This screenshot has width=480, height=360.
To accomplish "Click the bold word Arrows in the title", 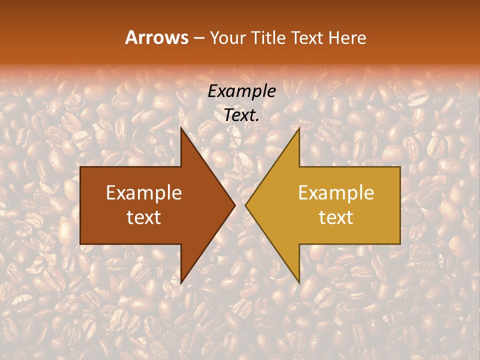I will tap(156, 37).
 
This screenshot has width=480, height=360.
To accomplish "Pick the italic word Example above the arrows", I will tap(242, 91).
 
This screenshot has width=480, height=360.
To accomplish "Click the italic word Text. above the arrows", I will tap(242, 115).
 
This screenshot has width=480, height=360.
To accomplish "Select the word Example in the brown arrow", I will tap(144, 193).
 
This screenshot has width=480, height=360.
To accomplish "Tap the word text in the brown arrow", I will tap(144, 217).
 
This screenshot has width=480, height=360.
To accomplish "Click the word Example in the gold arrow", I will tap(336, 193).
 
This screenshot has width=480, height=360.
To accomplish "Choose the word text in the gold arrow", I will tap(336, 217).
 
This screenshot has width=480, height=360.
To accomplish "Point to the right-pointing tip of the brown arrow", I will tap(235, 205).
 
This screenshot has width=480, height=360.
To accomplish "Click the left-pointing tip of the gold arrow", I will tap(245, 205).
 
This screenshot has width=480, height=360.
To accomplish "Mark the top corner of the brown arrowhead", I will tap(181, 127).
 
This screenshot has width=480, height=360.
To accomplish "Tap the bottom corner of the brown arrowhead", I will tap(181, 283).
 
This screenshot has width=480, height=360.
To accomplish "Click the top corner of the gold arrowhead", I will tap(299, 127).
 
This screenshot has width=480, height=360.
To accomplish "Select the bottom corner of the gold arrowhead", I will tap(299, 283).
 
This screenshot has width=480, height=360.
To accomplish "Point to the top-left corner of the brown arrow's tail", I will tap(80, 167).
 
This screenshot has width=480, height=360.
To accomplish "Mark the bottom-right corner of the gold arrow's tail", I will tap(400, 244).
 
